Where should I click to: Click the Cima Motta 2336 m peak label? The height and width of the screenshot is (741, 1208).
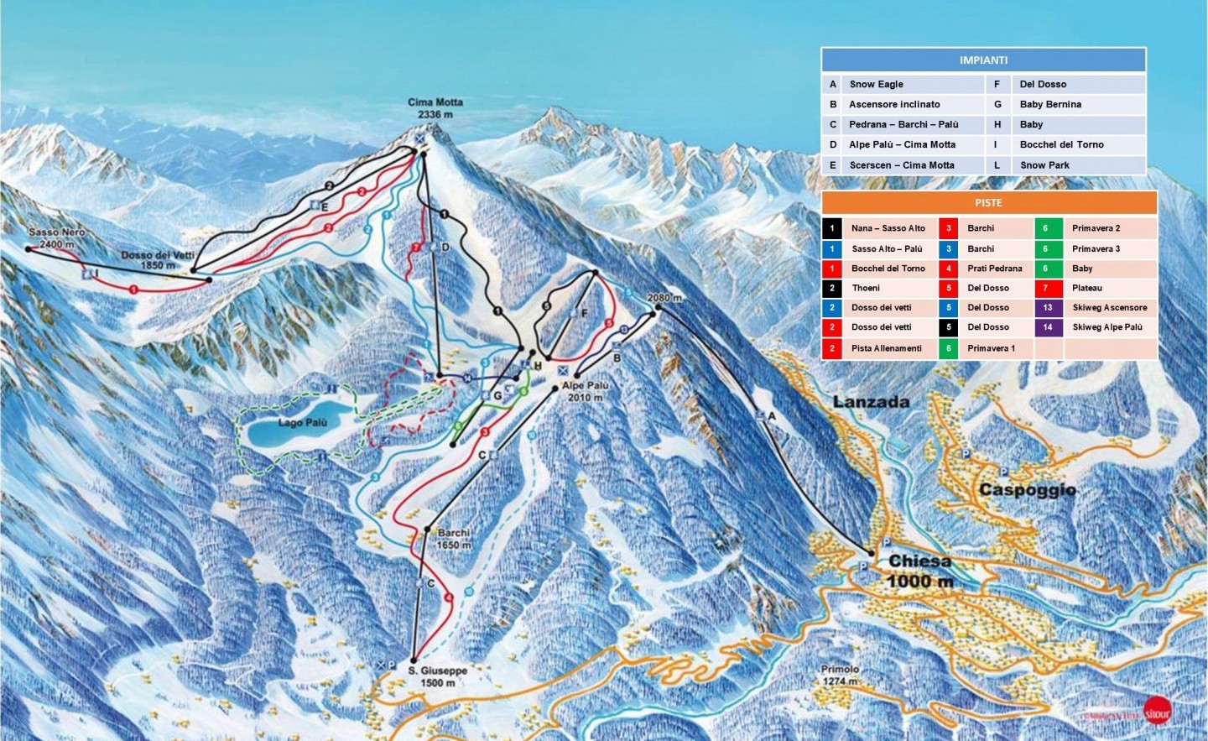[x=435, y=108]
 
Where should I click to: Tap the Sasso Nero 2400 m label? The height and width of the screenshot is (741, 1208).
[x=56, y=238]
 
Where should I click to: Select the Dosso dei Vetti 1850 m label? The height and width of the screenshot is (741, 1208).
[x=158, y=260]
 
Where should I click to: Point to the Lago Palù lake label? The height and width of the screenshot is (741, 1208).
[x=303, y=423]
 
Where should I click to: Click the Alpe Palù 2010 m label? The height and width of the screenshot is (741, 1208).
[x=586, y=391]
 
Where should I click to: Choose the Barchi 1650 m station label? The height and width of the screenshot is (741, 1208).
[x=454, y=539]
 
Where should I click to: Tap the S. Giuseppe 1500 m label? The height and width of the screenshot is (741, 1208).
[x=438, y=676]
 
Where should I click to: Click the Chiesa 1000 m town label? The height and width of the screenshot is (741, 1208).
[x=919, y=571]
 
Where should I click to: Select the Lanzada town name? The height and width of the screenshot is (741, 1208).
[x=871, y=402]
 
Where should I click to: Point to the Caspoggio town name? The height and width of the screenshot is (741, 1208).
[x=1027, y=489]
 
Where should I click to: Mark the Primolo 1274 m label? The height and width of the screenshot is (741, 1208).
[x=840, y=675]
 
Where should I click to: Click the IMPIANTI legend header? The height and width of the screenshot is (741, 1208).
[x=983, y=60]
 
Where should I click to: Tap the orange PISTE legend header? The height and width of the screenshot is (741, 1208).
[x=988, y=203]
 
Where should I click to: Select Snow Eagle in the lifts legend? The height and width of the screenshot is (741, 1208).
[x=876, y=84]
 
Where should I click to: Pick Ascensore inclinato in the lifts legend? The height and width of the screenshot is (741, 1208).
[x=894, y=104]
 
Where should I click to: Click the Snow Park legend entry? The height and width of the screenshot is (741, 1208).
[x=1044, y=165]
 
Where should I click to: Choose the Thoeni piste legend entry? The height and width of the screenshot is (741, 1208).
[x=866, y=288]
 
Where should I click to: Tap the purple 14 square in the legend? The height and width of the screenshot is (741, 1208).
[x=1048, y=327]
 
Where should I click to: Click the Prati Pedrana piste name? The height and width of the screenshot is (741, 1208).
[x=994, y=269]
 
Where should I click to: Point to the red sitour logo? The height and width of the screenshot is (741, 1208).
[x=1158, y=711]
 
